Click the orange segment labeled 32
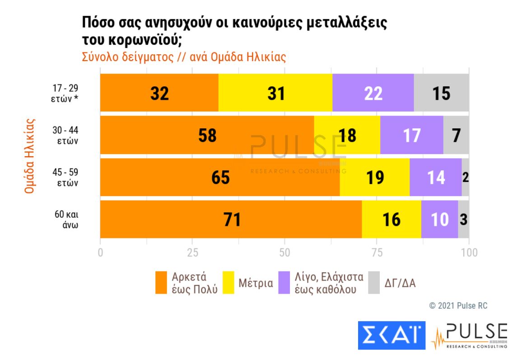pyautogui.click(x=159, y=93)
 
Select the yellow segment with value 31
pyautogui.click(x=275, y=93)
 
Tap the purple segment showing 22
pyautogui.click(x=373, y=93)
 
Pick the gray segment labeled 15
pyautogui.click(x=441, y=93)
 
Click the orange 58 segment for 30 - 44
pyautogui.click(x=207, y=135)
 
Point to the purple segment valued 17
pyautogui.click(x=411, y=135)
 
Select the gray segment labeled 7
pyautogui.click(x=456, y=135)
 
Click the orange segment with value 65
pyautogui.click(x=220, y=177)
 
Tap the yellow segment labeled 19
pyautogui.click(x=374, y=177)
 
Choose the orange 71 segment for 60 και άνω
pyautogui.click(x=231, y=220)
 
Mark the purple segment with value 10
pyautogui.click(x=439, y=220)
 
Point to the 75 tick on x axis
pyautogui.click(x=377, y=252)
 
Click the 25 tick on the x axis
pyautogui.click(x=192, y=252)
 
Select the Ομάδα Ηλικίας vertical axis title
pyautogui.click(x=30, y=156)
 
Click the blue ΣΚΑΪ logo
pyautogui.click(x=391, y=335)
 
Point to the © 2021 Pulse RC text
pyautogui.click(x=458, y=306)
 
